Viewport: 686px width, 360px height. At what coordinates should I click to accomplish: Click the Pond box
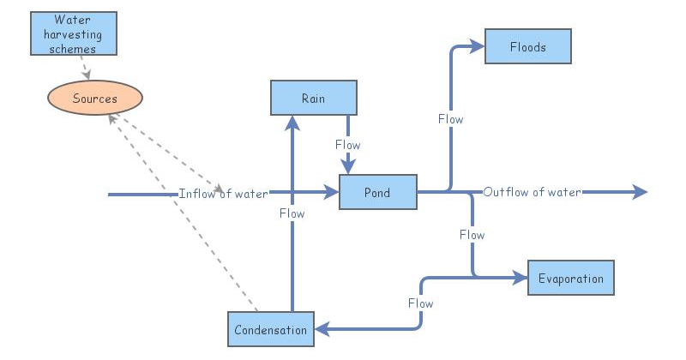click(x=377, y=192)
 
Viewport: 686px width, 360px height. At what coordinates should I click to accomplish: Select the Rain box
click(x=313, y=98)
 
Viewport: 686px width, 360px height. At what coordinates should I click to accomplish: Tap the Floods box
click(x=527, y=46)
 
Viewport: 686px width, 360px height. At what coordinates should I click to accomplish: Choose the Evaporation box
click(x=570, y=279)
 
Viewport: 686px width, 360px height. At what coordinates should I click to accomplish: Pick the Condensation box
click(x=270, y=330)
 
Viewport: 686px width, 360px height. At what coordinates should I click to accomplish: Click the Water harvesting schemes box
click(x=77, y=33)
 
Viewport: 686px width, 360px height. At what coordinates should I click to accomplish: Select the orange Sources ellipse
click(x=94, y=99)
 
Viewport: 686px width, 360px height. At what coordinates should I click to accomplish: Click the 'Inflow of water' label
click(x=223, y=193)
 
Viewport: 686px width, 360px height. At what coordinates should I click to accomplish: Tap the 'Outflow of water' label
click(x=532, y=192)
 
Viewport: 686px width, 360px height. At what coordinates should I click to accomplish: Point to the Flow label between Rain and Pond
click(x=348, y=145)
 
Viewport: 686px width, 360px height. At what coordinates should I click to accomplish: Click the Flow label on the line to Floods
click(x=450, y=119)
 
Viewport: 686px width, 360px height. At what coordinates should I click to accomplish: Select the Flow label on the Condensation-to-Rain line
click(x=292, y=213)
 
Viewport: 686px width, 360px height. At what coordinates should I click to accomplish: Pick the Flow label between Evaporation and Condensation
click(x=420, y=303)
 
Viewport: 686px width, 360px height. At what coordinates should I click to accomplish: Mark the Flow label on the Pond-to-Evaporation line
click(x=472, y=234)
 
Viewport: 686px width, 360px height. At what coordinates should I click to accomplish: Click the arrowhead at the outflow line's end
click(x=640, y=193)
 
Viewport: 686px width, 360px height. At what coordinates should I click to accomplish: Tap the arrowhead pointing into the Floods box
click(x=478, y=47)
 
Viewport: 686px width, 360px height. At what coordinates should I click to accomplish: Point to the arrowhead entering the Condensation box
click(x=320, y=329)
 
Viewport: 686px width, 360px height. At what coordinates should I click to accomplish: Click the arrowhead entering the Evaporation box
click(x=520, y=278)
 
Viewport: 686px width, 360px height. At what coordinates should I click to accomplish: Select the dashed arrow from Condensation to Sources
click(x=184, y=214)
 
